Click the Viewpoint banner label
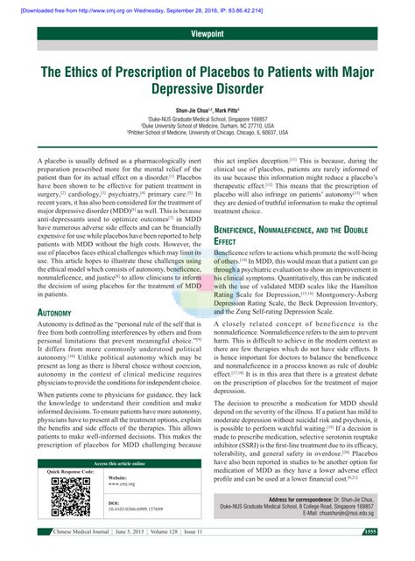click(207, 32)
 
